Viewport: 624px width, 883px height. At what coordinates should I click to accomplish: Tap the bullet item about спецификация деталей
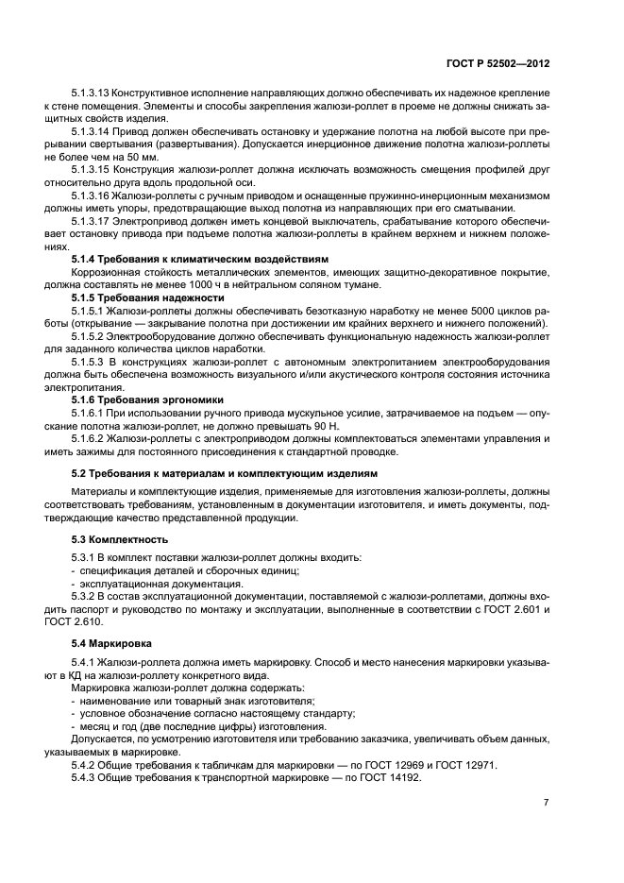point(190,571)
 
